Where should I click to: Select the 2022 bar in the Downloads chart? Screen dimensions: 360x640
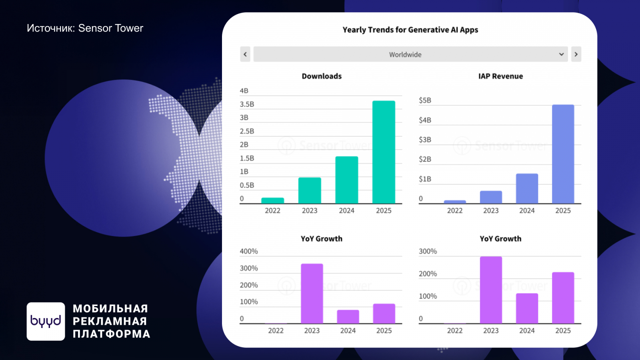click(x=272, y=200)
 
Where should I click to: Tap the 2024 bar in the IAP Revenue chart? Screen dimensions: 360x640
click(x=527, y=188)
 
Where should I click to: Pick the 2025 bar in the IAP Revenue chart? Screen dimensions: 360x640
click(x=563, y=154)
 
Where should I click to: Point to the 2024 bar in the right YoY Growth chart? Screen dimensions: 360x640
click(x=527, y=308)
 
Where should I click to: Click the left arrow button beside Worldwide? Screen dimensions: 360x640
click(x=245, y=54)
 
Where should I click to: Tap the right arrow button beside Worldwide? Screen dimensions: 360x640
click(x=576, y=54)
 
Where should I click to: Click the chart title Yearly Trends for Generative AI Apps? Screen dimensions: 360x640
click(x=410, y=30)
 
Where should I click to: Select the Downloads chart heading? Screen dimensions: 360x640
click(x=322, y=76)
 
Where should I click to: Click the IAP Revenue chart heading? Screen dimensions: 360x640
click(x=500, y=76)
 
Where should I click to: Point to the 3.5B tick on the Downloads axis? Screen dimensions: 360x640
click(x=247, y=104)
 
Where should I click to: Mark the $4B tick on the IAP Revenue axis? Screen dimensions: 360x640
click(x=425, y=120)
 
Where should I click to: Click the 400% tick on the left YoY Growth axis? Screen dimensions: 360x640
click(x=248, y=252)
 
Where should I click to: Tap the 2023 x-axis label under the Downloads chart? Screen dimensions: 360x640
click(x=309, y=211)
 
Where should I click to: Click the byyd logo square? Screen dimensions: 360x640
click(x=46, y=321)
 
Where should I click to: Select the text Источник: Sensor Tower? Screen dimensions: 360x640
click(x=85, y=28)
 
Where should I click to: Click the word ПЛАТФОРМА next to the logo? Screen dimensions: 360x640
click(x=111, y=334)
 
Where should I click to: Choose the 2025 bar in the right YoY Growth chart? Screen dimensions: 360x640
click(x=563, y=298)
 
